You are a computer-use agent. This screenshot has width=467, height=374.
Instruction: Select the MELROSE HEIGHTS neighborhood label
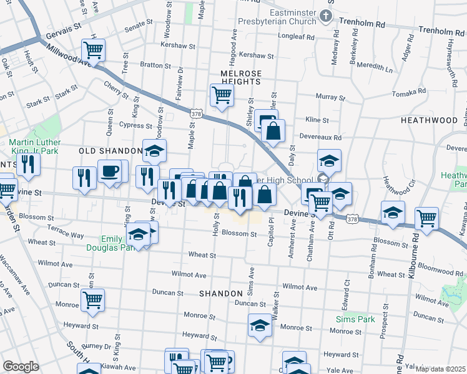point(240,74)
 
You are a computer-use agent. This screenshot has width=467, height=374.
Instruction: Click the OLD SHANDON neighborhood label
point(110,151)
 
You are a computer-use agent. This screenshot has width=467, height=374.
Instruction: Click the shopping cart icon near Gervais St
point(93,49)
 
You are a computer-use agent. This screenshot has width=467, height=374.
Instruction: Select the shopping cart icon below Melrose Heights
point(222,95)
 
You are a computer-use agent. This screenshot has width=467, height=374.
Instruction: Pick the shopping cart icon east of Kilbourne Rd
point(427,218)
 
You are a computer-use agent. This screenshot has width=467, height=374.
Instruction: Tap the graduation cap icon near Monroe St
point(260,325)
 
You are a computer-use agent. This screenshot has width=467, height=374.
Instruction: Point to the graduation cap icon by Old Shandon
point(154,150)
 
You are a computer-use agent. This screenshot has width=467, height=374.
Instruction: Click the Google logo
point(21,367)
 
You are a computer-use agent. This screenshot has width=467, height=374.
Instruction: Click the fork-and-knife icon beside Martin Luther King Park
point(28,164)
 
